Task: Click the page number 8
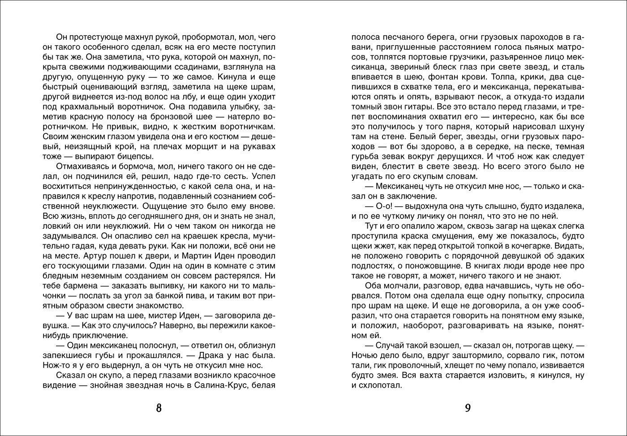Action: pos(158,408)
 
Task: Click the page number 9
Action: pos(468,408)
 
